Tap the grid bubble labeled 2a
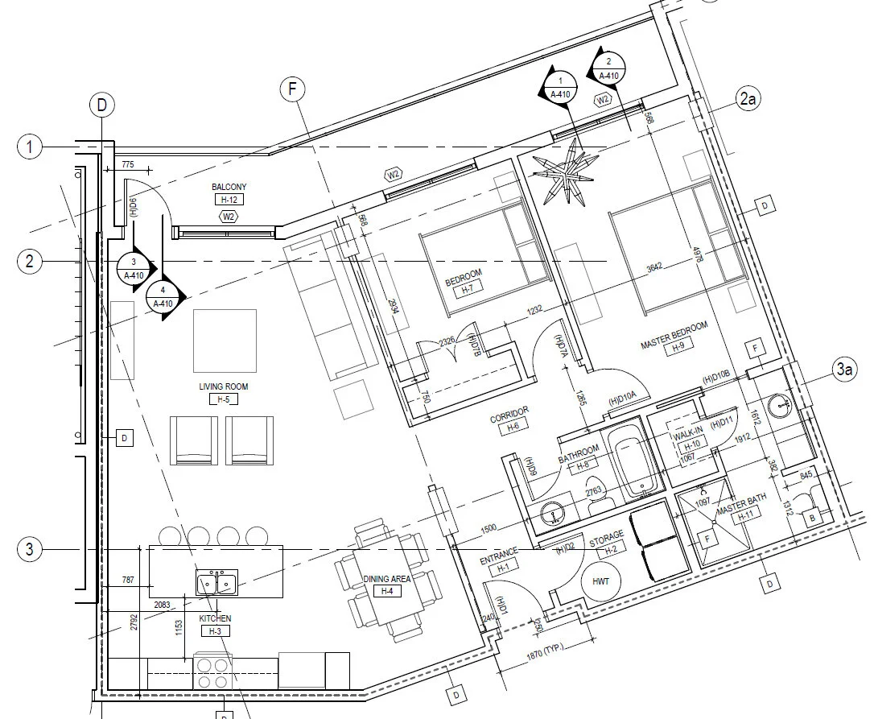(x=748, y=99)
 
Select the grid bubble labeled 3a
(x=843, y=370)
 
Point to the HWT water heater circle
(x=600, y=581)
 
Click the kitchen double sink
(x=216, y=581)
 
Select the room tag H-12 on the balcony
(x=229, y=199)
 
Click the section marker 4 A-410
(x=163, y=297)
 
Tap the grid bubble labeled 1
(x=29, y=147)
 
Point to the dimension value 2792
(x=134, y=634)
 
